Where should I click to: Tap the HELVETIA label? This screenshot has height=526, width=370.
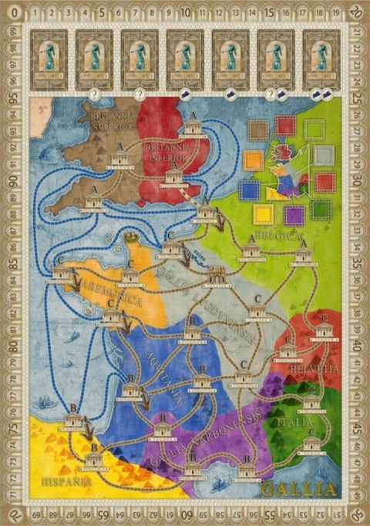coord(314,370)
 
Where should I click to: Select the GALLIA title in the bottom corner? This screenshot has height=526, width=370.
coord(299,489)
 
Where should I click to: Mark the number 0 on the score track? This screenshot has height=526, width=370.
coord(14,12)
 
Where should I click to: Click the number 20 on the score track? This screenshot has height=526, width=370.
coord(355,12)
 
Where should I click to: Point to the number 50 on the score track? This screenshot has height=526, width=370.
coord(355,513)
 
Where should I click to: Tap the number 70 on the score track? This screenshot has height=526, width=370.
coord(14,513)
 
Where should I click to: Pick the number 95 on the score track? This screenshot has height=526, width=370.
coord(14,98)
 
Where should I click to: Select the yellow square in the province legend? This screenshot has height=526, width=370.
coord(264,215)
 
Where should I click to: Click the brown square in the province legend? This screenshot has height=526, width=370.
coord(259,130)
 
